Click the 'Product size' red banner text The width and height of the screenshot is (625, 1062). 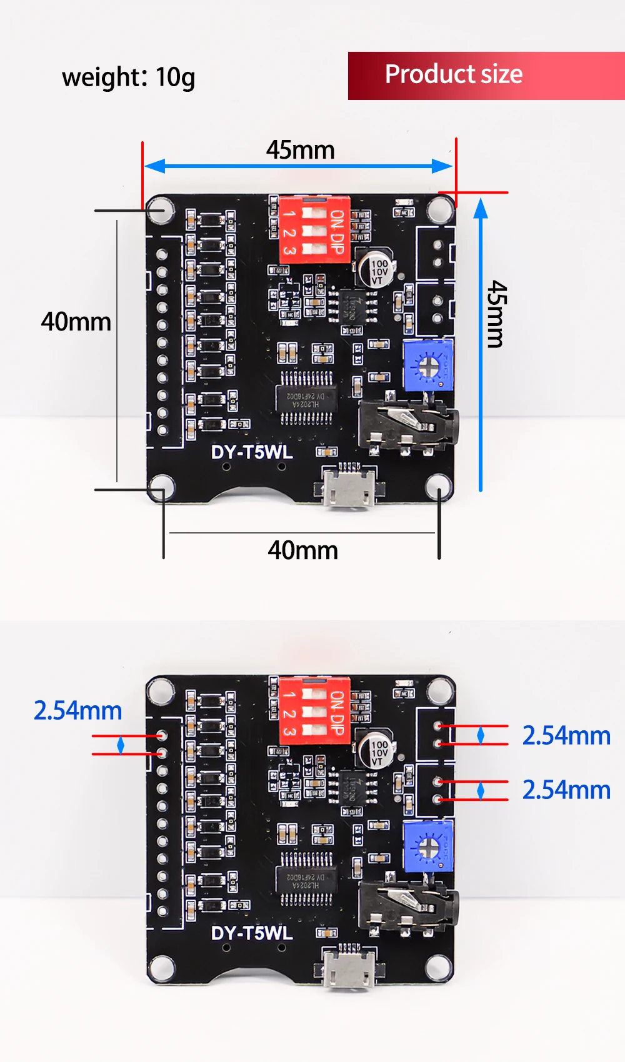453,74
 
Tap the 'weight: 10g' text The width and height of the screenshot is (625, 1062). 128,77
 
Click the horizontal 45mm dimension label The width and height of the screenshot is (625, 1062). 301,150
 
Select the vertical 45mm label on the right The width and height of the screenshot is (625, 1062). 497,314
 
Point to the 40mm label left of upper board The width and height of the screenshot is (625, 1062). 76,322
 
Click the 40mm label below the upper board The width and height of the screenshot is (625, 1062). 302,550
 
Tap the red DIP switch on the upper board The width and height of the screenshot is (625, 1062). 314,229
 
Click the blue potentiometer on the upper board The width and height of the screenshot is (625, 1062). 428,365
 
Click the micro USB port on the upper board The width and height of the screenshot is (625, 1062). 349,487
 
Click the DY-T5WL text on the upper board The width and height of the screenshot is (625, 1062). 252,452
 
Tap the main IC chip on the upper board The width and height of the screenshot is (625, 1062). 306,398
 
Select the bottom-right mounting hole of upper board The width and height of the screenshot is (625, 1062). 439,487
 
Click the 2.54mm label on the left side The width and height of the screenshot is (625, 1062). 77,710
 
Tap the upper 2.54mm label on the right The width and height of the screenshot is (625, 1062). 566,735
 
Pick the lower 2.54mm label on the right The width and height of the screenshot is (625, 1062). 566,790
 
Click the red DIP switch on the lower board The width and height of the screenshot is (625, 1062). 314,711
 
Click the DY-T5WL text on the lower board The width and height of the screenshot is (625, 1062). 252,933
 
